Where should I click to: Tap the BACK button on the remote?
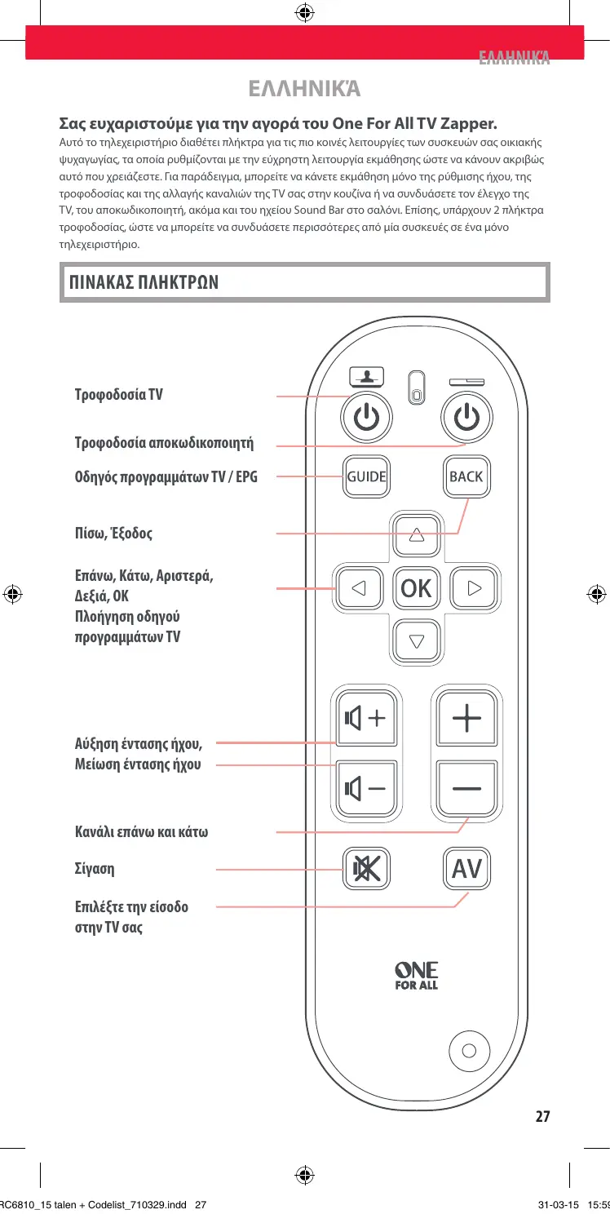[466, 477]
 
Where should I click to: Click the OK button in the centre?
[416, 587]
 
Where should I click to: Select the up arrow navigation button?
[417, 535]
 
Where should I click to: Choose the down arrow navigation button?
[417, 640]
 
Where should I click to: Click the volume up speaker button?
[365, 719]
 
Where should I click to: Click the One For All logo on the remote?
[416, 976]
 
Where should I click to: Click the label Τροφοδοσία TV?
[118, 396]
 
